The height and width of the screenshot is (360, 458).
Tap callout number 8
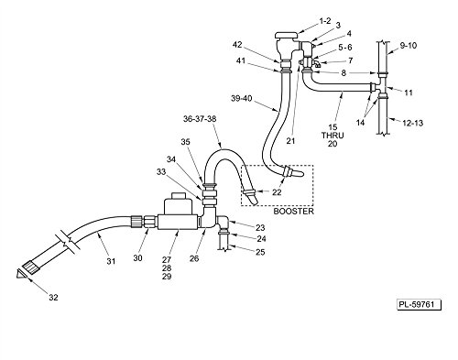(x=345, y=72)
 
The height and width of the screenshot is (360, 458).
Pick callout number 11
(x=409, y=92)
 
